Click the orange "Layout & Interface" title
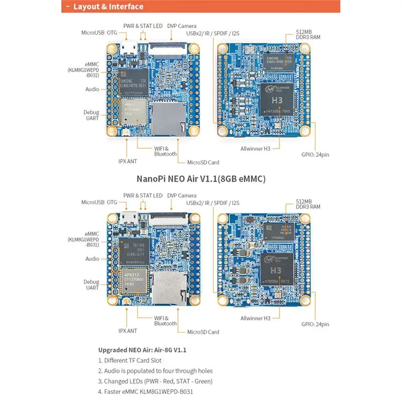click(108, 7)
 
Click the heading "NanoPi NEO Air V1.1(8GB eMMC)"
click(201, 178)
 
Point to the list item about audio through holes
click(155, 371)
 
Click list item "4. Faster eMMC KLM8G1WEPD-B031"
click(146, 392)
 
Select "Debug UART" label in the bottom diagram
click(91, 285)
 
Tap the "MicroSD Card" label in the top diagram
click(203, 162)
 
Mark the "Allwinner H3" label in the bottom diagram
click(255, 318)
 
